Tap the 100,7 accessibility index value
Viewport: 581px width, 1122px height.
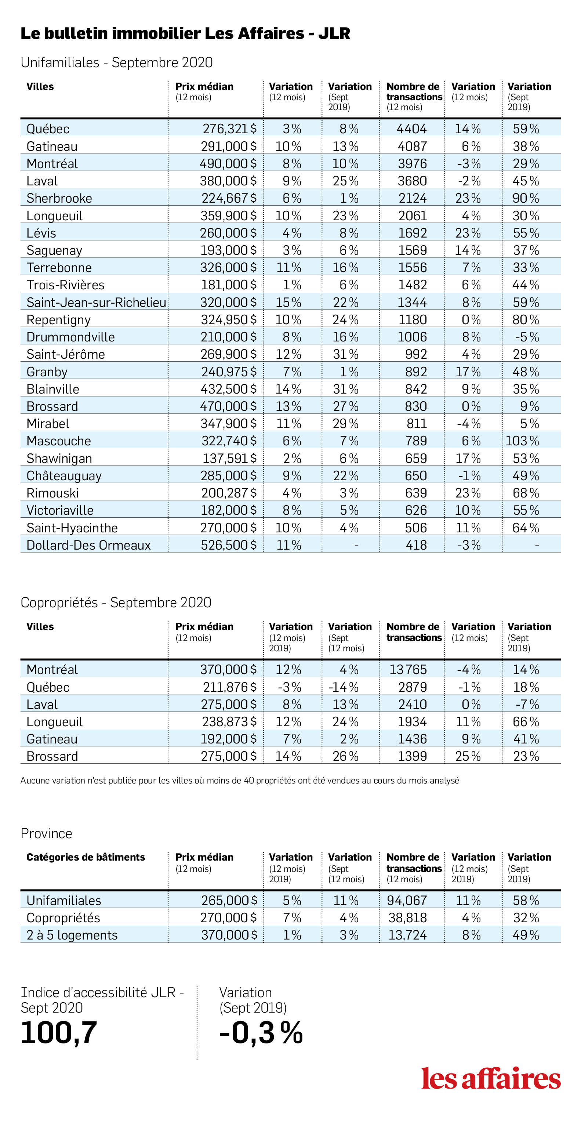pyautogui.click(x=59, y=1032)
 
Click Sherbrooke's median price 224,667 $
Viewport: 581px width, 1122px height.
pyautogui.click(x=229, y=198)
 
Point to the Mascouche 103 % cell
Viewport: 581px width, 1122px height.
pyautogui.click(x=522, y=441)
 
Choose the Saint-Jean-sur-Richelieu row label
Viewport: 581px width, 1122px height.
pyautogui.click(x=96, y=302)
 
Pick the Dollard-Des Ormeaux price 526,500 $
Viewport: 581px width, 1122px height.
pyautogui.click(x=229, y=545)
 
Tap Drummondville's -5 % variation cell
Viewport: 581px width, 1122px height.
pyautogui.click(x=527, y=337)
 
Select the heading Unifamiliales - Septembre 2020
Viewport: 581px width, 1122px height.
pyautogui.click(x=117, y=62)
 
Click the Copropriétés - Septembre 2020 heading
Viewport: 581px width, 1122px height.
pyautogui.click(x=116, y=602)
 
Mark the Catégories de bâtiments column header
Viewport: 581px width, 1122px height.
pyautogui.click(x=86, y=857)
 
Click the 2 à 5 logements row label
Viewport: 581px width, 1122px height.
pyautogui.click(x=72, y=935)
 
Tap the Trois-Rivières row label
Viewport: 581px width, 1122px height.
pyautogui.click(x=66, y=285)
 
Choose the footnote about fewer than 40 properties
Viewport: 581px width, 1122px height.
pyautogui.click(x=240, y=781)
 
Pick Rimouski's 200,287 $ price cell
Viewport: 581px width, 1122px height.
pyautogui.click(x=229, y=493)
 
